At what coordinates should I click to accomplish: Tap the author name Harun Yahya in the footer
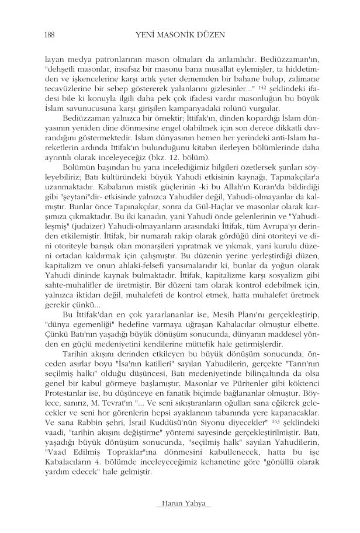click(x=179, y=504)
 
